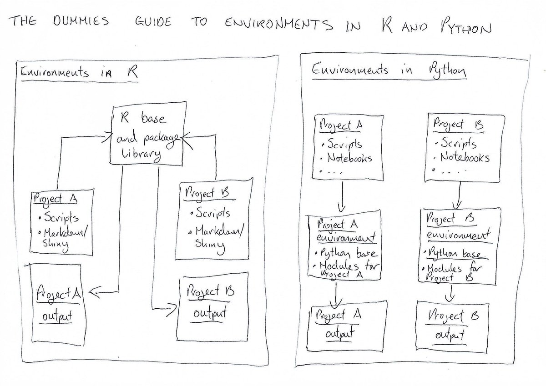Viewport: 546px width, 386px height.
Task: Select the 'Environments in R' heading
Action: [x=77, y=72]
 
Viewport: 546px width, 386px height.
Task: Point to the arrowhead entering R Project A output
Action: [x=97, y=295]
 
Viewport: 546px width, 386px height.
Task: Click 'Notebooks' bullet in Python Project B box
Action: [x=464, y=158]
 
